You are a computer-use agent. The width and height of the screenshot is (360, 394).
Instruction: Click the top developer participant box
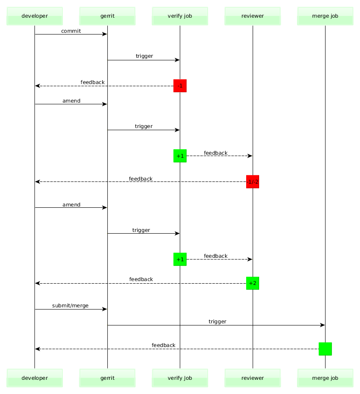point(34,16)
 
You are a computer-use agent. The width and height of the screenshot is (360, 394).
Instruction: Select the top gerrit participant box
point(107,16)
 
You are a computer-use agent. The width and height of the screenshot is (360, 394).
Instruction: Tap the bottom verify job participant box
point(180,378)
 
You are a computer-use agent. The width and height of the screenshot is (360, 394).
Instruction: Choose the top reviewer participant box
point(253,16)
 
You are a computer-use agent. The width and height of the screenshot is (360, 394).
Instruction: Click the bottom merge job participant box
point(325,378)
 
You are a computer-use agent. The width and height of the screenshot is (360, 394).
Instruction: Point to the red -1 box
point(180,86)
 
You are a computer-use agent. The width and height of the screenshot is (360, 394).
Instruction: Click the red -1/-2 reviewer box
point(253,182)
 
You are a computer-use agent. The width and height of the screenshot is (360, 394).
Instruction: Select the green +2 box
point(253,283)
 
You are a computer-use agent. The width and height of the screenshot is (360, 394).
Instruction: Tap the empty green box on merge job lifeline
point(325,349)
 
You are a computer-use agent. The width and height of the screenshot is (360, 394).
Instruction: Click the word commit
point(71,31)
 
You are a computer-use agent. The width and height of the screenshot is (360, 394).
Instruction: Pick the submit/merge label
point(70,306)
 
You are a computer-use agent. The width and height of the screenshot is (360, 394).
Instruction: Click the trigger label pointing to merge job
point(217,322)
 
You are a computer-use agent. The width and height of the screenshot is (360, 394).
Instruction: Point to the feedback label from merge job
point(163,345)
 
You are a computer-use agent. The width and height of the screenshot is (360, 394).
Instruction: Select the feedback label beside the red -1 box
point(92,82)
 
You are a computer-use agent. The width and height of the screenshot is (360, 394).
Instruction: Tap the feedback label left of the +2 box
point(141,279)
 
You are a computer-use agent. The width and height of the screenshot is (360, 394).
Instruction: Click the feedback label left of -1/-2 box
point(141,178)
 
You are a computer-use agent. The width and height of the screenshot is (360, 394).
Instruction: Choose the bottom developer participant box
point(34,378)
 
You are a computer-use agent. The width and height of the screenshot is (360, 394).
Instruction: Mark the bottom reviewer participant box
point(253,378)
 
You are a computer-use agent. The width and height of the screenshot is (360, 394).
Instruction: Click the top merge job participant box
point(325,16)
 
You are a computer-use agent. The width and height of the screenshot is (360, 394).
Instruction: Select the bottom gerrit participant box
point(107,378)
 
